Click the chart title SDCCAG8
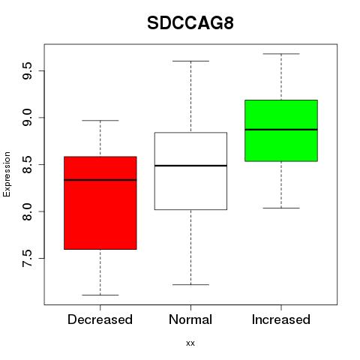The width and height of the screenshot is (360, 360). (x=190, y=23)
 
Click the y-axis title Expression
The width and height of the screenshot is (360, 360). (x=7, y=174)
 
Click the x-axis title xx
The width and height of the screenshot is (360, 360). (x=190, y=343)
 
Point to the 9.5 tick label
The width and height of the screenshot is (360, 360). (x=27, y=71)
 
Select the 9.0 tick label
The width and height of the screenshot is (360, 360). (x=27, y=118)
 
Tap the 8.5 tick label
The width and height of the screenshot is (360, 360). (x=27, y=164)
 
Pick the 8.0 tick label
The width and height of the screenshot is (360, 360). (x=27, y=211)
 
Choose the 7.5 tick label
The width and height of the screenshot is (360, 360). (x=27, y=258)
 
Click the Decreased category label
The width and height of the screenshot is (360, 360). (x=100, y=319)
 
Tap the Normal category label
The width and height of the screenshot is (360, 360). (x=190, y=319)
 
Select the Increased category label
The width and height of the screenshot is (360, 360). (x=281, y=319)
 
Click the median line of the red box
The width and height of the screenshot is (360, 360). (x=100, y=180)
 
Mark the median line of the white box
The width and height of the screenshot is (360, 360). (x=190, y=166)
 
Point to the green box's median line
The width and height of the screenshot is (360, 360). (x=281, y=130)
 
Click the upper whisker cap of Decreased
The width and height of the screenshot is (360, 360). (x=100, y=121)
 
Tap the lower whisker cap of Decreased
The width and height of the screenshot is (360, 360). (x=100, y=295)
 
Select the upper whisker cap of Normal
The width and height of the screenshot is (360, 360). (x=190, y=61)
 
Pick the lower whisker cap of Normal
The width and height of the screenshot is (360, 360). (x=190, y=284)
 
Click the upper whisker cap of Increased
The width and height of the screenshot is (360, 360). (x=281, y=54)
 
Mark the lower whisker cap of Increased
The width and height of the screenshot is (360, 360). (x=281, y=208)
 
